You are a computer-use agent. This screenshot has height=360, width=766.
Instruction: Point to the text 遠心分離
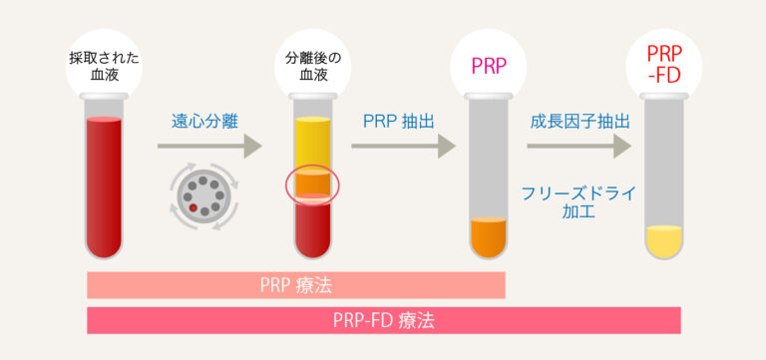pos(204,123)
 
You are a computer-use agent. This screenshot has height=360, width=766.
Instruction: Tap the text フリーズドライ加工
pos(578,201)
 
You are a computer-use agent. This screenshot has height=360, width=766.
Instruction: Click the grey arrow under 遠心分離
pos(207,147)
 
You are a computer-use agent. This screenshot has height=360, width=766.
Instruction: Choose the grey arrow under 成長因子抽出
pos(578,147)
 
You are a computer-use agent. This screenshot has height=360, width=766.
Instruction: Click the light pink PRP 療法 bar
pos(296,285)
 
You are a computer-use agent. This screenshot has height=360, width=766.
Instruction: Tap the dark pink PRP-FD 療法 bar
pos(384,321)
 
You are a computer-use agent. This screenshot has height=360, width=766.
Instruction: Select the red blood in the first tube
pos(104,184)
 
